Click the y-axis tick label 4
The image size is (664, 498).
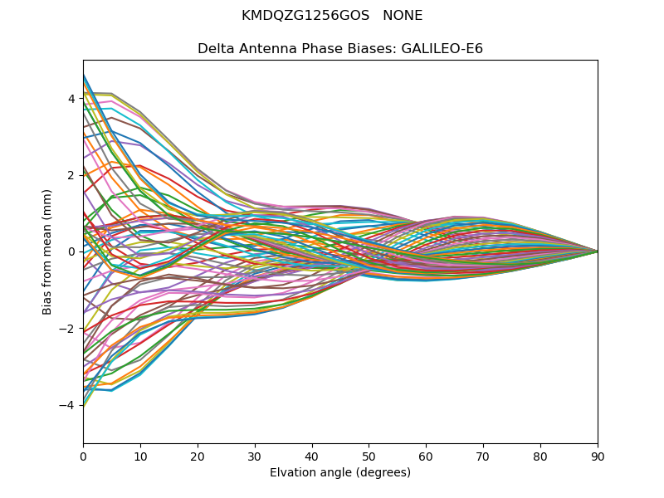point(71,99)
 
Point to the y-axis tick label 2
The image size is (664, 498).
point(71,175)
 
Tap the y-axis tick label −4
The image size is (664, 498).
point(68,405)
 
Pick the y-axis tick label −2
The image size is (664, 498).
point(68,329)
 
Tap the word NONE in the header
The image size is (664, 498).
point(402,16)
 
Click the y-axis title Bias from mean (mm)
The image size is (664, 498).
point(47,251)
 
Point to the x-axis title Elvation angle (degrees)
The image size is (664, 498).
point(340,472)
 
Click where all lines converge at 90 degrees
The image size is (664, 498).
point(598,251)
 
